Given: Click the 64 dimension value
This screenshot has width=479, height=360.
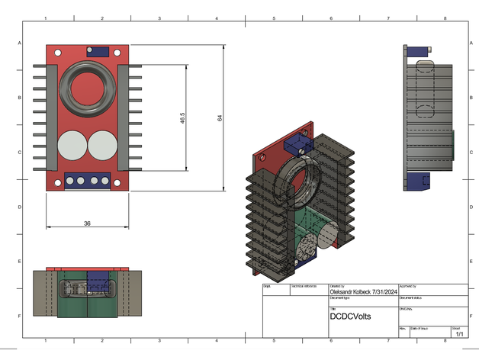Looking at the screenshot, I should pos(220,118).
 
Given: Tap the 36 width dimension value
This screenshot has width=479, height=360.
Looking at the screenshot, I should pos(87,223).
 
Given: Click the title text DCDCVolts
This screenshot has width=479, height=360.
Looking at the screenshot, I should pos(349,315).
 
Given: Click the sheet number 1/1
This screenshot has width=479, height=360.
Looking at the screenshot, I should pos(459,333).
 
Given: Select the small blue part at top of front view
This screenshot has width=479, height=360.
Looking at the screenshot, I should pos(98,52).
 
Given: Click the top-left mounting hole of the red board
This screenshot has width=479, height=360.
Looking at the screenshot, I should pos(56,51).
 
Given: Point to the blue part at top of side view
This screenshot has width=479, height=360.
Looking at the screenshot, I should pos(417,53).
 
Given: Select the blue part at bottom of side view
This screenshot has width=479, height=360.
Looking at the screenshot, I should pos(417,181).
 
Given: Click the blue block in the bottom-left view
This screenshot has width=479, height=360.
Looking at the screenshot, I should pos(98,283).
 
